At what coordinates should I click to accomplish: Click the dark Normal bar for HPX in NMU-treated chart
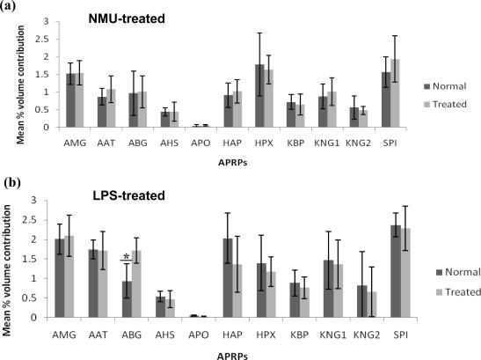260,96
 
